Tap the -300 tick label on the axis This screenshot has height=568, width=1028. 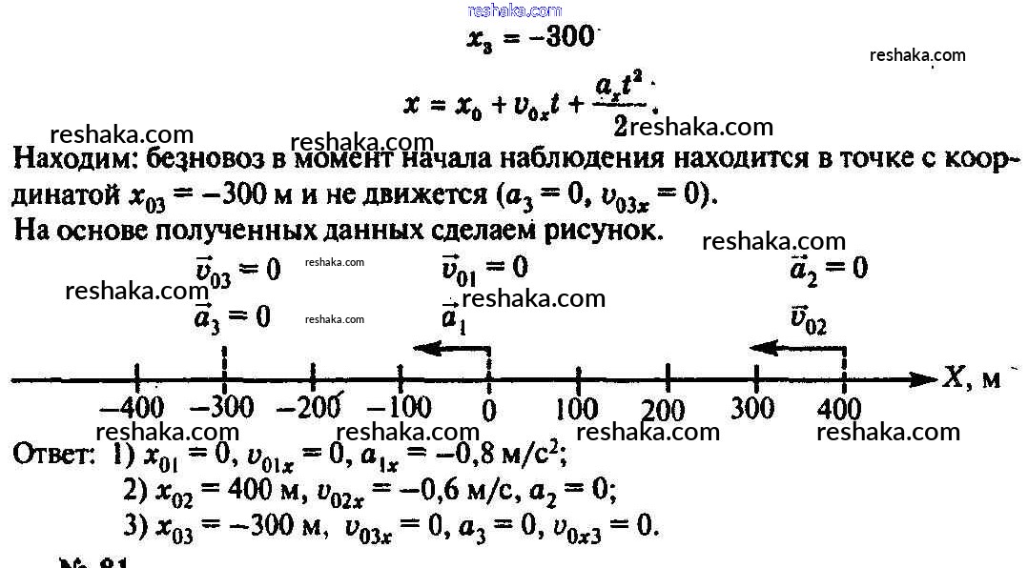pyautogui.click(x=222, y=410)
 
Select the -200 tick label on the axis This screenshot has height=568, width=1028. pyautogui.click(x=309, y=410)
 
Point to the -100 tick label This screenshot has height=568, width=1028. pyautogui.click(x=398, y=410)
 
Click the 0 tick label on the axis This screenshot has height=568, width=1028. pyautogui.click(x=489, y=412)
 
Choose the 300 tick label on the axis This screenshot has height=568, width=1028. pyautogui.click(x=753, y=409)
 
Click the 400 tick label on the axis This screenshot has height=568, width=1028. pyautogui.click(x=839, y=411)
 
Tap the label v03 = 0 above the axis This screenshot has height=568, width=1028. pyautogui.click(x=237, y=271)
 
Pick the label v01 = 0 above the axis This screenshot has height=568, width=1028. pyautogui.click(x=484, y=267)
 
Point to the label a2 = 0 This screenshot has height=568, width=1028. pyautogui.click(x=829, y=269)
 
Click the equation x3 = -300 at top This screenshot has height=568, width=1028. pyautogui.click(x=530, y=39)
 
